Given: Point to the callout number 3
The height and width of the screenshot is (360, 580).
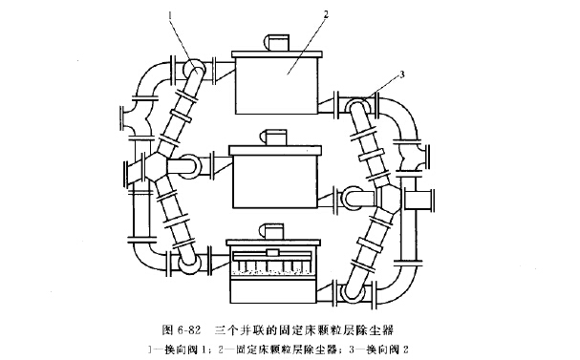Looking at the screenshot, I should (404, 74).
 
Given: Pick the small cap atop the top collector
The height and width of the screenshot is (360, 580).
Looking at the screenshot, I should (276, 42).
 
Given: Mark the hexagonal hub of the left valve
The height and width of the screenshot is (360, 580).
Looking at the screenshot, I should (156, 169).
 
